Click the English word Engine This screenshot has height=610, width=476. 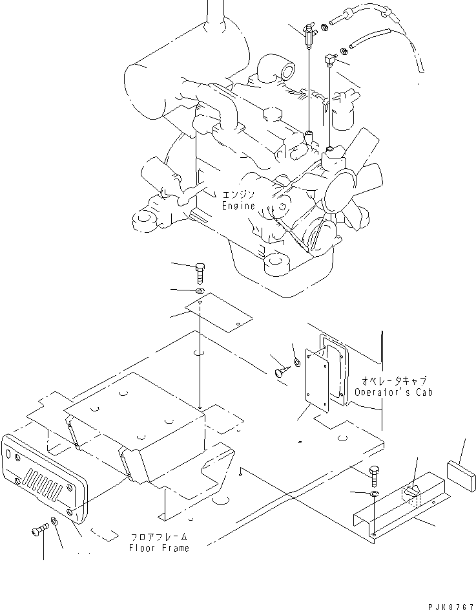[238, 206]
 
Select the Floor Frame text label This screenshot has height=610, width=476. [158, 548]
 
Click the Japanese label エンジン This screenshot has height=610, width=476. [239, 195]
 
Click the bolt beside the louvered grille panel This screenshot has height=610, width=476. [37, 532]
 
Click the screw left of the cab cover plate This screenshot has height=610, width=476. [282, 372]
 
